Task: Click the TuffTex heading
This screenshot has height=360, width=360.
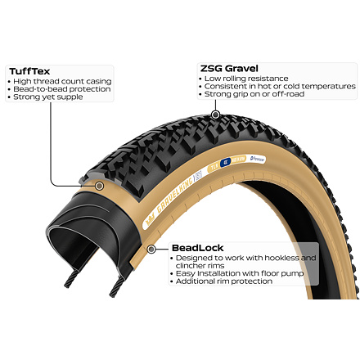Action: tap(29, 71)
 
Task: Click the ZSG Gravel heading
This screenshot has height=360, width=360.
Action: tap(229, 69)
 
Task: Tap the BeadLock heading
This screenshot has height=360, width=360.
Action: tap(198, 248)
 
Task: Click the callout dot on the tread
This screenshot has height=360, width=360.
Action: tap(215, 115)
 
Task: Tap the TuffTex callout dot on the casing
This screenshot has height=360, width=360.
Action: tap(100, 186)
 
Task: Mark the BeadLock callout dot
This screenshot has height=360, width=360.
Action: tap(151, 249)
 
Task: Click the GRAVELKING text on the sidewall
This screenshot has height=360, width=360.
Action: tap(175, 196)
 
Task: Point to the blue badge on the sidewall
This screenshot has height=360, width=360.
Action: tap(225, 162)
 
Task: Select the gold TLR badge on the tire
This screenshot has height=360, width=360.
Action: tap(214, 166)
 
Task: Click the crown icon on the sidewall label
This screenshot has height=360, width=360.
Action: tap(150, 220)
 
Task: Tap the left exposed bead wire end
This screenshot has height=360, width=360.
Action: tap(70, 279)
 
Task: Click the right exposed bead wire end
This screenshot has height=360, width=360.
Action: tap(115, 288)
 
